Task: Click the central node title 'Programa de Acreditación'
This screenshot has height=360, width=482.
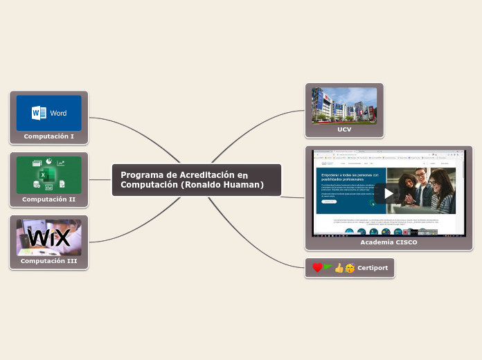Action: [184, 175]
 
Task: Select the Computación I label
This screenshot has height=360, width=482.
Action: [48, 136]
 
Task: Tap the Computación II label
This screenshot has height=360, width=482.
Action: [48, 199]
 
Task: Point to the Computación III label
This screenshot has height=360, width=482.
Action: [48, 261]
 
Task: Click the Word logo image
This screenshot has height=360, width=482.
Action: [48, 113]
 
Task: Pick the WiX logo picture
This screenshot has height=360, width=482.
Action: [48, 237]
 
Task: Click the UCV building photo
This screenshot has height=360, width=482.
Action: [344, 104]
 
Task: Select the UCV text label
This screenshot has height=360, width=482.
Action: [344, 129]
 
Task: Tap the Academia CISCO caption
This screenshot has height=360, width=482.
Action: [389, 243]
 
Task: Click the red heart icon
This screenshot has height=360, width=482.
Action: [317, 268]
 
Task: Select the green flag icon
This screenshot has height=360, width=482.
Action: [328, 267]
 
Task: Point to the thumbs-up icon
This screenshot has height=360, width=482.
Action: [339, 268]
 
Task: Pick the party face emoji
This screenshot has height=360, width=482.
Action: [350, 268]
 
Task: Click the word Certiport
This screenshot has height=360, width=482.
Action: [373, 268]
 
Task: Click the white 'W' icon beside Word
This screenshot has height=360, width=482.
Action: [39, 113]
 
